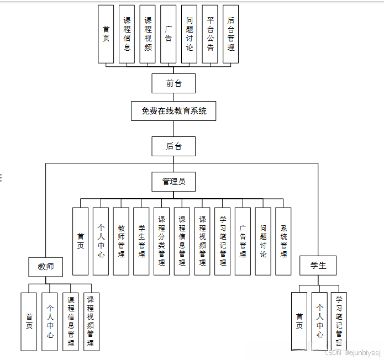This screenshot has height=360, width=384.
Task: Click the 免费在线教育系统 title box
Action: [173, 111]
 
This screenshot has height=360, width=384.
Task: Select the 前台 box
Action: [173, 83]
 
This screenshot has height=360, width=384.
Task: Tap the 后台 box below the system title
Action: [173, 146]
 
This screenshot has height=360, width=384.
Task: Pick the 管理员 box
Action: [173, 181]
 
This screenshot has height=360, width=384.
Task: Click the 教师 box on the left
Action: [46, 267]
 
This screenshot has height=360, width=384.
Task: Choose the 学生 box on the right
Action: [318, 266]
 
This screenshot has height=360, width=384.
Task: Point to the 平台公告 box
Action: [210, 34]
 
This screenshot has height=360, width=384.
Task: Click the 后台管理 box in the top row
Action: [230, 34]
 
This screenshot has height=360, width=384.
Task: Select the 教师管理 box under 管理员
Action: [121, 241]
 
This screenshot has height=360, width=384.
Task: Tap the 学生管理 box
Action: [141, 241]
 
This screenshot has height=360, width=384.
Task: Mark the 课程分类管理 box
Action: [162, 241]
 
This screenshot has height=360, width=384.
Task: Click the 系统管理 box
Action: [283, 241]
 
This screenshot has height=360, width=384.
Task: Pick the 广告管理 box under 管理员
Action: [243, 241]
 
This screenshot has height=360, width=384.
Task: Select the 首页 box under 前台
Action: [106, 34]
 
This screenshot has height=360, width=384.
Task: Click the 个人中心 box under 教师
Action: [50, 321]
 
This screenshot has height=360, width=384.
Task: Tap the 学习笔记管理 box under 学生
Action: [339, 321]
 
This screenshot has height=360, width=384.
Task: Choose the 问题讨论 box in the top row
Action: [189, 34]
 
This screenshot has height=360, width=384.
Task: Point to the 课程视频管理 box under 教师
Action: [91, 321]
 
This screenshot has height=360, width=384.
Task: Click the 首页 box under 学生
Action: [299, 321]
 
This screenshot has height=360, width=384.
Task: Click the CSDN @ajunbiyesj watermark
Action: [352, 352]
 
